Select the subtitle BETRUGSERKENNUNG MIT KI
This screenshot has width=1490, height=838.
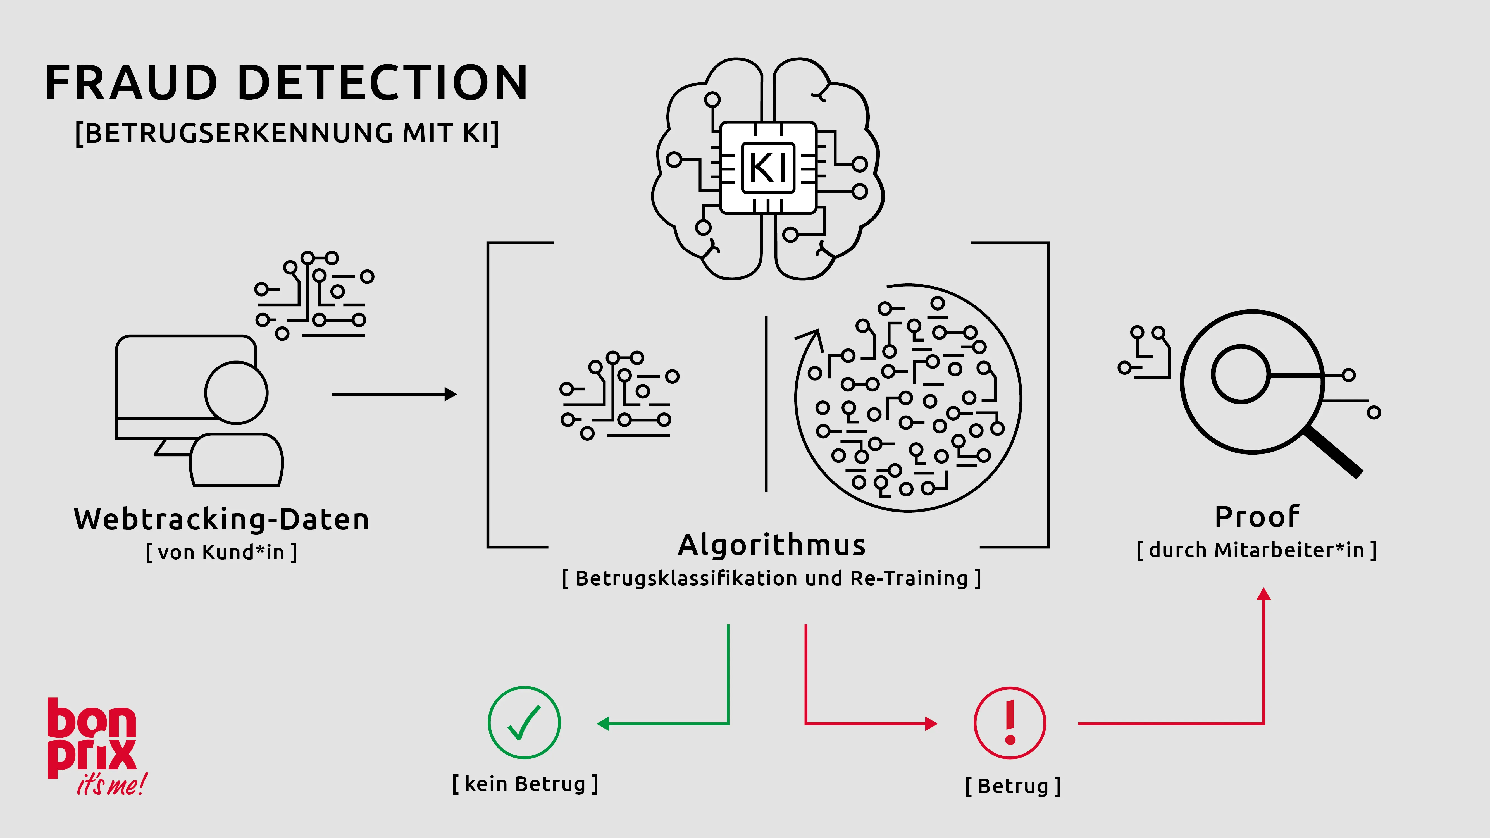[287, 133]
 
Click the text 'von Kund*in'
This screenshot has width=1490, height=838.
[221, 552]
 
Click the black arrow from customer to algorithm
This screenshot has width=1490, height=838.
[393, 394]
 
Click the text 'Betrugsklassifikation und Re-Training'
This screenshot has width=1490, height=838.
[772, 578]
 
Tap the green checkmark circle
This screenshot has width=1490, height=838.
[524, 723]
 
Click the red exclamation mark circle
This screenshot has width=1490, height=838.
[1010, 723]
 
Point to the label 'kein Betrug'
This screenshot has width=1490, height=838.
[525, 784]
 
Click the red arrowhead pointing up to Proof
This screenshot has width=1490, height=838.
[1264, 594]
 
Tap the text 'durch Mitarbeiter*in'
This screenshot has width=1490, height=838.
[1256, 550]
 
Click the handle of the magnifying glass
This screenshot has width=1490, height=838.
[1333, 451]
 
